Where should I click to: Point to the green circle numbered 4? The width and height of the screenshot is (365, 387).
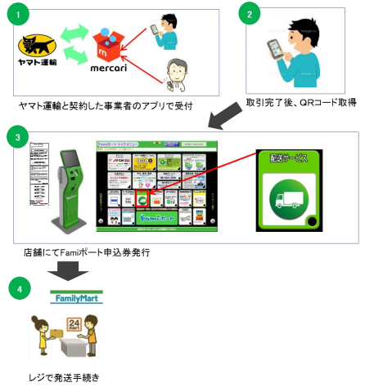coord(19,288)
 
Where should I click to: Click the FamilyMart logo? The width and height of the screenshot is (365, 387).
coord(79,299)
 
